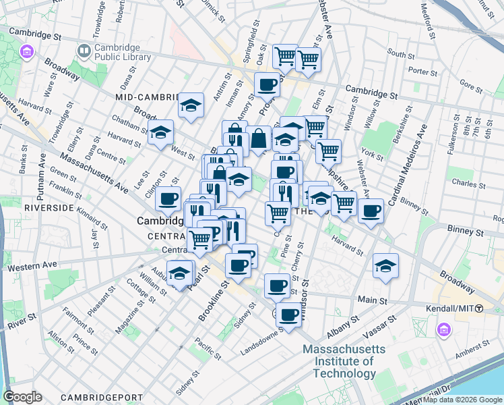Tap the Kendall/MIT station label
457,308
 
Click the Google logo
22,397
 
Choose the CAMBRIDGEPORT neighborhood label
101,397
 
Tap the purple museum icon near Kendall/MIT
443,329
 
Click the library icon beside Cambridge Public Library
84,51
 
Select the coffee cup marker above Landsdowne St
289,315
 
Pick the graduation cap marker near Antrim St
191,105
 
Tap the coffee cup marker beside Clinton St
168,199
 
